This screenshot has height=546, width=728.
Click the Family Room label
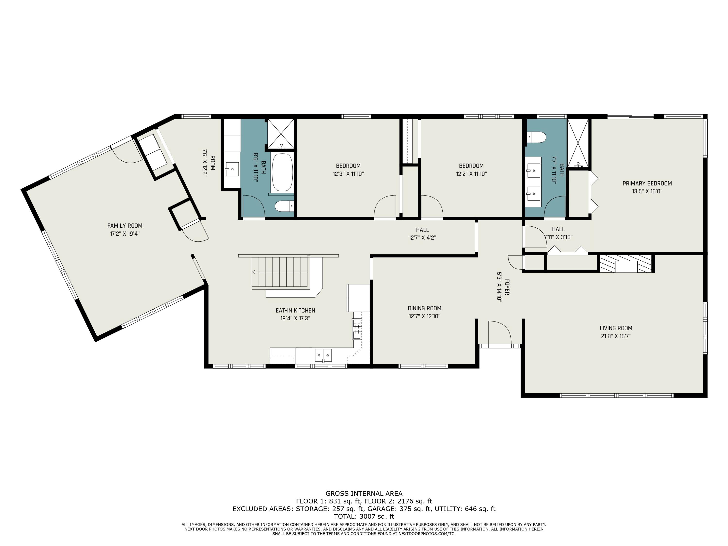pos(125,226)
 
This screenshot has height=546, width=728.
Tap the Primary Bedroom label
pos(647,183)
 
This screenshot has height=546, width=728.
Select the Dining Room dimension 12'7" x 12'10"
pos(425,316)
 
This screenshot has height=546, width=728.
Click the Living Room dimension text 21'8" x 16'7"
pos(615,336)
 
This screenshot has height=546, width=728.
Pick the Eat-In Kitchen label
pos(295,310)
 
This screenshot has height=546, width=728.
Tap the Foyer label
pos(507,287)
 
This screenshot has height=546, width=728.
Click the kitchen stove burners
pos(357,329)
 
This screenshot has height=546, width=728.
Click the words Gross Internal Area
pos(364,493)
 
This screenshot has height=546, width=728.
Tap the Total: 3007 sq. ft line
pos(364,516)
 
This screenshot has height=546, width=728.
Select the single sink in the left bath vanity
pos(232,169)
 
